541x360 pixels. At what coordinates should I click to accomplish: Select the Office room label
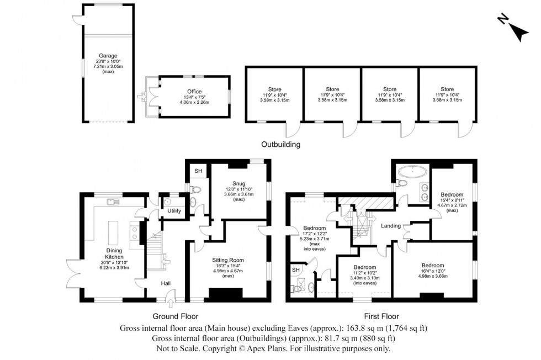tap(194, 92)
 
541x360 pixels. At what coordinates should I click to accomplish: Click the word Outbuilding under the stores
tap(280, 145)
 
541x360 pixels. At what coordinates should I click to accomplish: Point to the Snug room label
tap(238, 183)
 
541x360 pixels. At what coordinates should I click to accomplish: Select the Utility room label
tap(174, 211)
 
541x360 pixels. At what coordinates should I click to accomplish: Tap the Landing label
tap(390, 225)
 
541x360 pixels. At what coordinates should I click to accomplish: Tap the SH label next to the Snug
tap(198, 171)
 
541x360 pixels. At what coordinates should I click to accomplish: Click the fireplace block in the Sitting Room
tap(226, 294)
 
